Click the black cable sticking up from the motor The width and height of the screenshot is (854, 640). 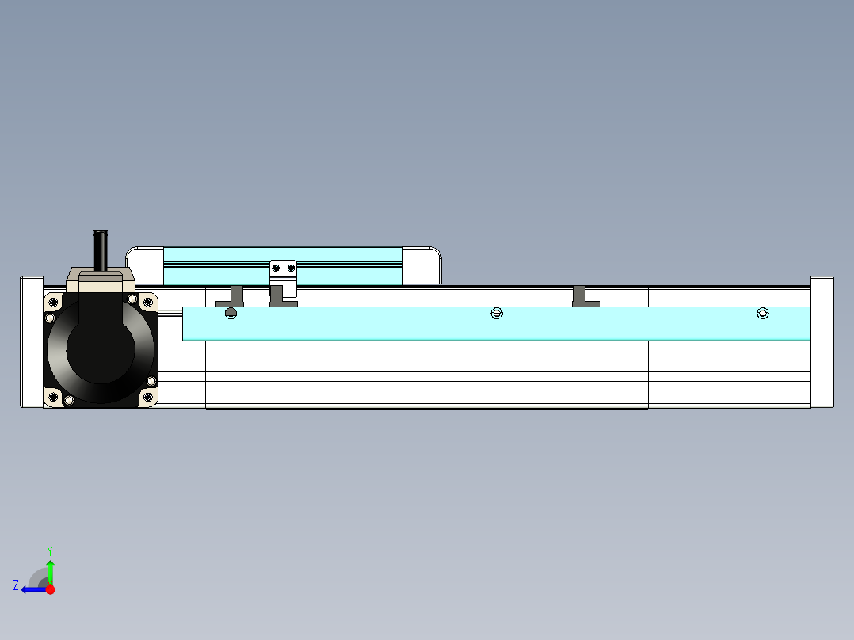point(101,250)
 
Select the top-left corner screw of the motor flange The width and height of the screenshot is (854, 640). point(53,301)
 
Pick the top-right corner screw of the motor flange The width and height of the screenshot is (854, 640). point(148,301)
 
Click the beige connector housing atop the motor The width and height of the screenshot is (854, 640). point(101,276)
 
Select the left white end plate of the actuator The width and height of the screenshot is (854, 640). point(32,342)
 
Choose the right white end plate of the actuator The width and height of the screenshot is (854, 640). point(822,342)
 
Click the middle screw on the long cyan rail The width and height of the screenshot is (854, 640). point(497,314)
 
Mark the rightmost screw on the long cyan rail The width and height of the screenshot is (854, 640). point(763,314)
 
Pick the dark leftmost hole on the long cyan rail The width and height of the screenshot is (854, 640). point(231,314)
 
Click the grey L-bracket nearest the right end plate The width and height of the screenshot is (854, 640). point(583,297)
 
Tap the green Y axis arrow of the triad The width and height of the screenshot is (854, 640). point(50,569)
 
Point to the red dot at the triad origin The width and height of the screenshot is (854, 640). point(50,589)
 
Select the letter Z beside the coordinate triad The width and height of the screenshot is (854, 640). point(16,585)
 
